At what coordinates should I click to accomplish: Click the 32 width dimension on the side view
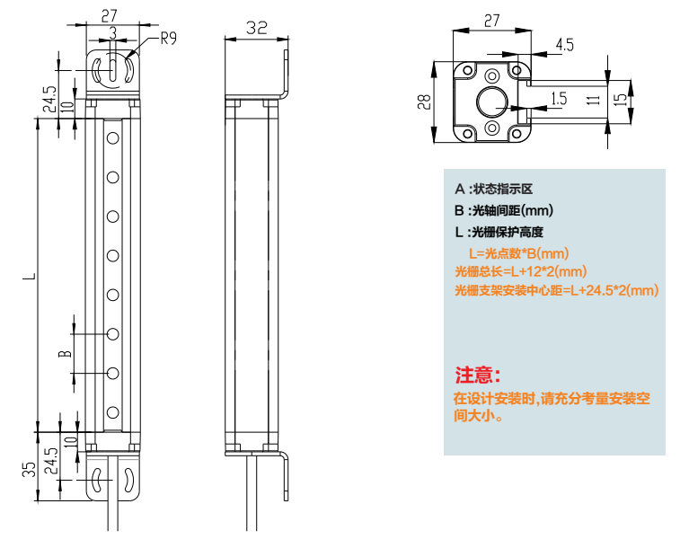coord(256,27)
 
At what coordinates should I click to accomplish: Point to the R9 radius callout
coord(169,39)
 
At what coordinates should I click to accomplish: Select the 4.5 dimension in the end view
coord(565,43)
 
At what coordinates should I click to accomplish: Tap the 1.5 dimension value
coord(558,98)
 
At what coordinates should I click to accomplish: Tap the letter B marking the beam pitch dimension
coord(64,353)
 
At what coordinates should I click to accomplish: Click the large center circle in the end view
coord(492,102)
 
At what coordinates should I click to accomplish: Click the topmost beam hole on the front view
coord(113,137)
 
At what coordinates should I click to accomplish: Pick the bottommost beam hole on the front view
coord(113,412)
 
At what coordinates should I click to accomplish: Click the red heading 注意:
coord(478,374)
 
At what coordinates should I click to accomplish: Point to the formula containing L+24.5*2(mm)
coord(556,290)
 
